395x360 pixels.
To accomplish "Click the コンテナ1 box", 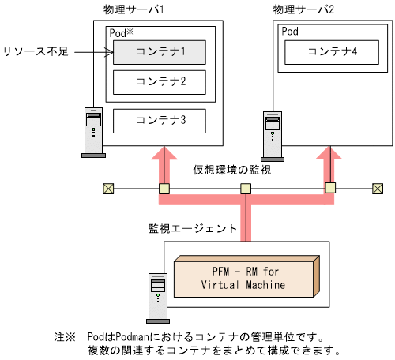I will pyautogui.click(x=160, y=53).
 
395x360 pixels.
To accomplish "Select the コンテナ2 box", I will pyautogui.click(x=160, y=81).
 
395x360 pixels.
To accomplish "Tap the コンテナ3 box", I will pyautogui.click(x=160, y=121).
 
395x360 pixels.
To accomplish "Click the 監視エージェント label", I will pyautogui.click(x=192, y=229).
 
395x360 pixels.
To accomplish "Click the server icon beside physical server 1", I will pyautogui.click(x=93, y=130).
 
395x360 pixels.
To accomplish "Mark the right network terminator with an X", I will pyautogui.click(x=378, y=189).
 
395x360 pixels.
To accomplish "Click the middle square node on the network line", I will pyautogui.click(x=246, y=189).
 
